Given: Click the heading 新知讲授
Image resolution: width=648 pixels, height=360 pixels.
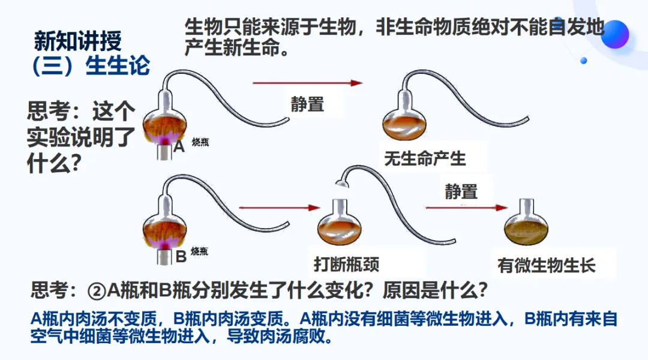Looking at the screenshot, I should [78, 41].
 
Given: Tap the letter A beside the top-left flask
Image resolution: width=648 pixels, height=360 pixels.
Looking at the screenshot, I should [179, 146].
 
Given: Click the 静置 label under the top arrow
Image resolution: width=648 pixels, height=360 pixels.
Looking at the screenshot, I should [308, 104].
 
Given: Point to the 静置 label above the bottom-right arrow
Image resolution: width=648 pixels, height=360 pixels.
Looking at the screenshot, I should [461, 192].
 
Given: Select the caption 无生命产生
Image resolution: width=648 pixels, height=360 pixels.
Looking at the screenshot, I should [425, 159].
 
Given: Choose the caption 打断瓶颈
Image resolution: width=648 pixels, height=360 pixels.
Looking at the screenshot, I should [347, 265].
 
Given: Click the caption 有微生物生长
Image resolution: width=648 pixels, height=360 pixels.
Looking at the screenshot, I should [547, 266].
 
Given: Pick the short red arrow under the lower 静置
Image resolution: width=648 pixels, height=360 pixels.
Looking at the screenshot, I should [466, 208].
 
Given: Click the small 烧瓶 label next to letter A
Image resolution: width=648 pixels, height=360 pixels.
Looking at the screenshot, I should [200, 142].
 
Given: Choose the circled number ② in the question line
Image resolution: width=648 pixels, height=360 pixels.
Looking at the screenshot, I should [97, 291].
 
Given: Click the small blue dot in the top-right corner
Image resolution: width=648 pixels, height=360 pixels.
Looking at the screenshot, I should [583, 60].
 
